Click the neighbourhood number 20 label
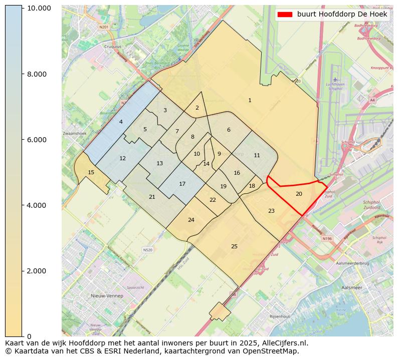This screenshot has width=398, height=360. point(299,194)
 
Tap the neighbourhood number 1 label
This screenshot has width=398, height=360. point(250,101)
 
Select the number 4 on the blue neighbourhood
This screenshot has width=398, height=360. point(121,122)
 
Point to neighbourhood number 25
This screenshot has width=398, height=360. point(234,246)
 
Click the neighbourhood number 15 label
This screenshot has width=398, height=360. point(91,172)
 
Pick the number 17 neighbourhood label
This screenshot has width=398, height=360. point(182,184)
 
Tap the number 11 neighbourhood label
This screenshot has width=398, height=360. point(257,155)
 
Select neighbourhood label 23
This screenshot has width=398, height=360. point(271,211)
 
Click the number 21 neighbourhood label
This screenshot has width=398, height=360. point(152,197)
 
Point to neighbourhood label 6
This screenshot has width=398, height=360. point(229,130)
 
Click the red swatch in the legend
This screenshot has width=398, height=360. point(285,15)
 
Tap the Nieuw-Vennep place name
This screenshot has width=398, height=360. point(107,296)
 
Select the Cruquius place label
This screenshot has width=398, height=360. point(112,46)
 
